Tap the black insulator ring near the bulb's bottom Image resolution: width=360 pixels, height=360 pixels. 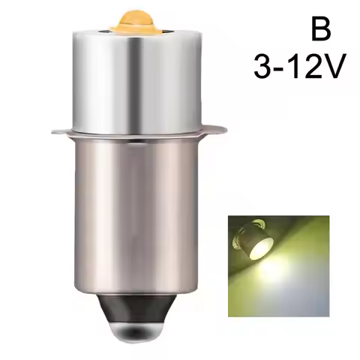[x=139, y=307]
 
